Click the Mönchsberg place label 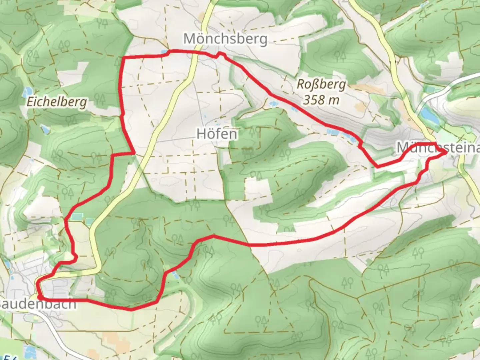click(x=225, y=39)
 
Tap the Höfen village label click(x=217, y=134)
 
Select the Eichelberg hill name click(x=57, y=102)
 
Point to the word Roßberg click(x=321, y=85)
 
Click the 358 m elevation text click(x=321, y=100)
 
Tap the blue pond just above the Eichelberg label click(x=27, y=91)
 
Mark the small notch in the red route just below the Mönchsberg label click(x=219, y=54)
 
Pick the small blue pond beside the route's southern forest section click(x=175, y=274)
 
